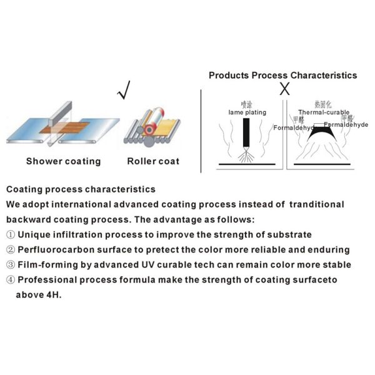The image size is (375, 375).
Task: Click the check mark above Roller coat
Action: click(124, 92)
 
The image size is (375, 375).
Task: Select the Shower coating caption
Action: click(63, 161)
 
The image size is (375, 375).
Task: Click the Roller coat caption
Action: click(153, 161)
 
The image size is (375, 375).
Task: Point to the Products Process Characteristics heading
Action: click(282, 75)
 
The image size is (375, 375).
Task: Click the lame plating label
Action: click(246, 112)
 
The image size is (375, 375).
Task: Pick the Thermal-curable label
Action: click(324, 112)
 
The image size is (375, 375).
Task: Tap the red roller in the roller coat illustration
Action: click(151, 129)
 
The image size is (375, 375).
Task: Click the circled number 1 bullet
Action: click(11, 235)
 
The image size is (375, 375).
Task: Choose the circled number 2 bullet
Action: click(11, 250)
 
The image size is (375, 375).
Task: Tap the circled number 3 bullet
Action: click(11, 265)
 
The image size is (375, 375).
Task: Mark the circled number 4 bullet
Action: click(11, 280)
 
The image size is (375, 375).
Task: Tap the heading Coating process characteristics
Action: click(81, 189)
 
